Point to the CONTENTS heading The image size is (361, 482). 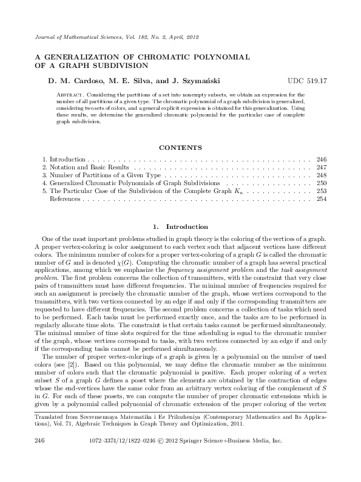pyautogui.click(x=180, y=146)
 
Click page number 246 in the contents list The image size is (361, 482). pyautogui.click(x=322, y=158)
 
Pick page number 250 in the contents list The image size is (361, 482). pyautogui.click(x=322, y=182)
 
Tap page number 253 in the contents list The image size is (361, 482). pyautogui.click(x=322, y=190)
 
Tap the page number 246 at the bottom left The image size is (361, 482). pyautogui.click(x=40, y=455)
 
